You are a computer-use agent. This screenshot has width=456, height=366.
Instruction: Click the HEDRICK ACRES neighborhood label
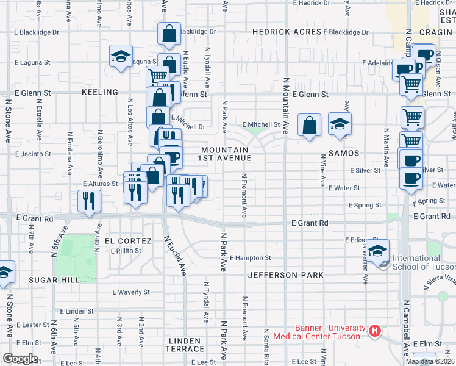click(x=287, y=32)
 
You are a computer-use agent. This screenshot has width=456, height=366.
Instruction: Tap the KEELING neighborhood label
click(x=99, y=92)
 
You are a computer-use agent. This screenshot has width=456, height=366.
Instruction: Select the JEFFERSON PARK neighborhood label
click(x=285, y=275)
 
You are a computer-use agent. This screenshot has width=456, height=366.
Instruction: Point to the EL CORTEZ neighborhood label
click(x=128, y=241)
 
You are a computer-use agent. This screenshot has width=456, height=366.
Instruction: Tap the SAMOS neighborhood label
click(x=343, y=153)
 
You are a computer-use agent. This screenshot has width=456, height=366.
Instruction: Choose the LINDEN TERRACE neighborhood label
click(x=185, y=345)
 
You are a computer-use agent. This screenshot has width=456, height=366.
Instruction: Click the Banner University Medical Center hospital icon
click(x=375, y=332)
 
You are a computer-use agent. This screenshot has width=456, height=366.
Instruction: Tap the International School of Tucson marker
click(x=377, y=251)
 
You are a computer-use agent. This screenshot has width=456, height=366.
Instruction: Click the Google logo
click(x=20, y=359)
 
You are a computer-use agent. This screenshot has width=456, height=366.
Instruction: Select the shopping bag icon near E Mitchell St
click(x=310, y=125)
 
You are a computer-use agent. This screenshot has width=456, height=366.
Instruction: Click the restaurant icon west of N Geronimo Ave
click(x=90, y=201)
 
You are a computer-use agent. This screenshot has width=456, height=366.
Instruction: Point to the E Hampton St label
click(x=250, y=259)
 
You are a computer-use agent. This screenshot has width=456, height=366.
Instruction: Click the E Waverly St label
click(x=130, y=292)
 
